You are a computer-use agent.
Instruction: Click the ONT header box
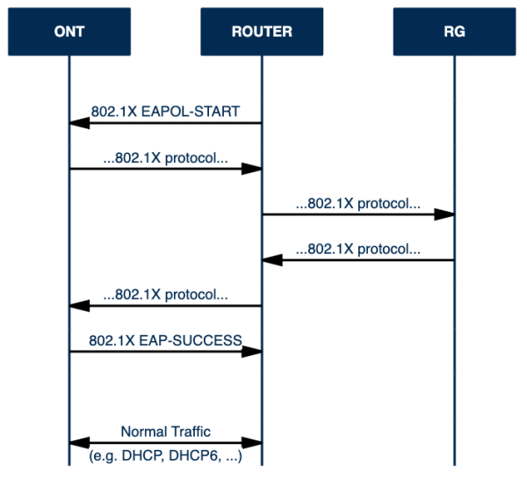point(69,32)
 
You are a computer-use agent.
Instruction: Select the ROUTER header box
point(262,32)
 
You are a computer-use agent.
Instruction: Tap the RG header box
point(454,32)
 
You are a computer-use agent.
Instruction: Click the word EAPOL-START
point(191,112)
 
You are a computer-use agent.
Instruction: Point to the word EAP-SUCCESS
point(191,340)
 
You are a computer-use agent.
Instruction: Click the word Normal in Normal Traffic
point(143,432)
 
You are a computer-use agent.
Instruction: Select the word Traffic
point(191,432)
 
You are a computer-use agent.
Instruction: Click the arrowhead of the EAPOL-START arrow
point(80,123)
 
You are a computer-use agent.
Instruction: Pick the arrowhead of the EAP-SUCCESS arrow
point(252,352)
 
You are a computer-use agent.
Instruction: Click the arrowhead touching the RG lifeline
point(444,214)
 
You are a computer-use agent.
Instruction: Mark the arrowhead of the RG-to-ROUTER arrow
point(272,260)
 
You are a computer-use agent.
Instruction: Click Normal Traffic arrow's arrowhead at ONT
point(80,443)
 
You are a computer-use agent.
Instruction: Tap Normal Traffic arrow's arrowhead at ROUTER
point(252,443)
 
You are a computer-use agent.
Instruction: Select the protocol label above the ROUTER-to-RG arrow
point(358,204)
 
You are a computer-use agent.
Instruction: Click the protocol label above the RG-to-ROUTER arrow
point(358,250)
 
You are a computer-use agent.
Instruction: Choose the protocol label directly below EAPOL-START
point(165,158)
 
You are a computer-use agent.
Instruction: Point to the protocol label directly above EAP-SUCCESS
point(165,295)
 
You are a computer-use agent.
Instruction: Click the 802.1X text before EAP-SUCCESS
point(112,340)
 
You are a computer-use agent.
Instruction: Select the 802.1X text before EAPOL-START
point(114,112)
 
